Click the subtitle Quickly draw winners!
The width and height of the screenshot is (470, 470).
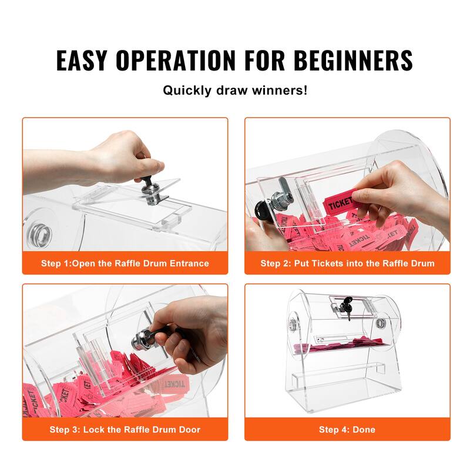tap(235, 91)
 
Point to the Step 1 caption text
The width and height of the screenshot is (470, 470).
tap(125, 263)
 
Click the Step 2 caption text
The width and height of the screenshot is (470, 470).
tap(347, 263)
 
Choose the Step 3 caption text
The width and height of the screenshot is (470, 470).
tap(125, 429)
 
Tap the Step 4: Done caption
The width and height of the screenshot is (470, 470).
tap(347, 429)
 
